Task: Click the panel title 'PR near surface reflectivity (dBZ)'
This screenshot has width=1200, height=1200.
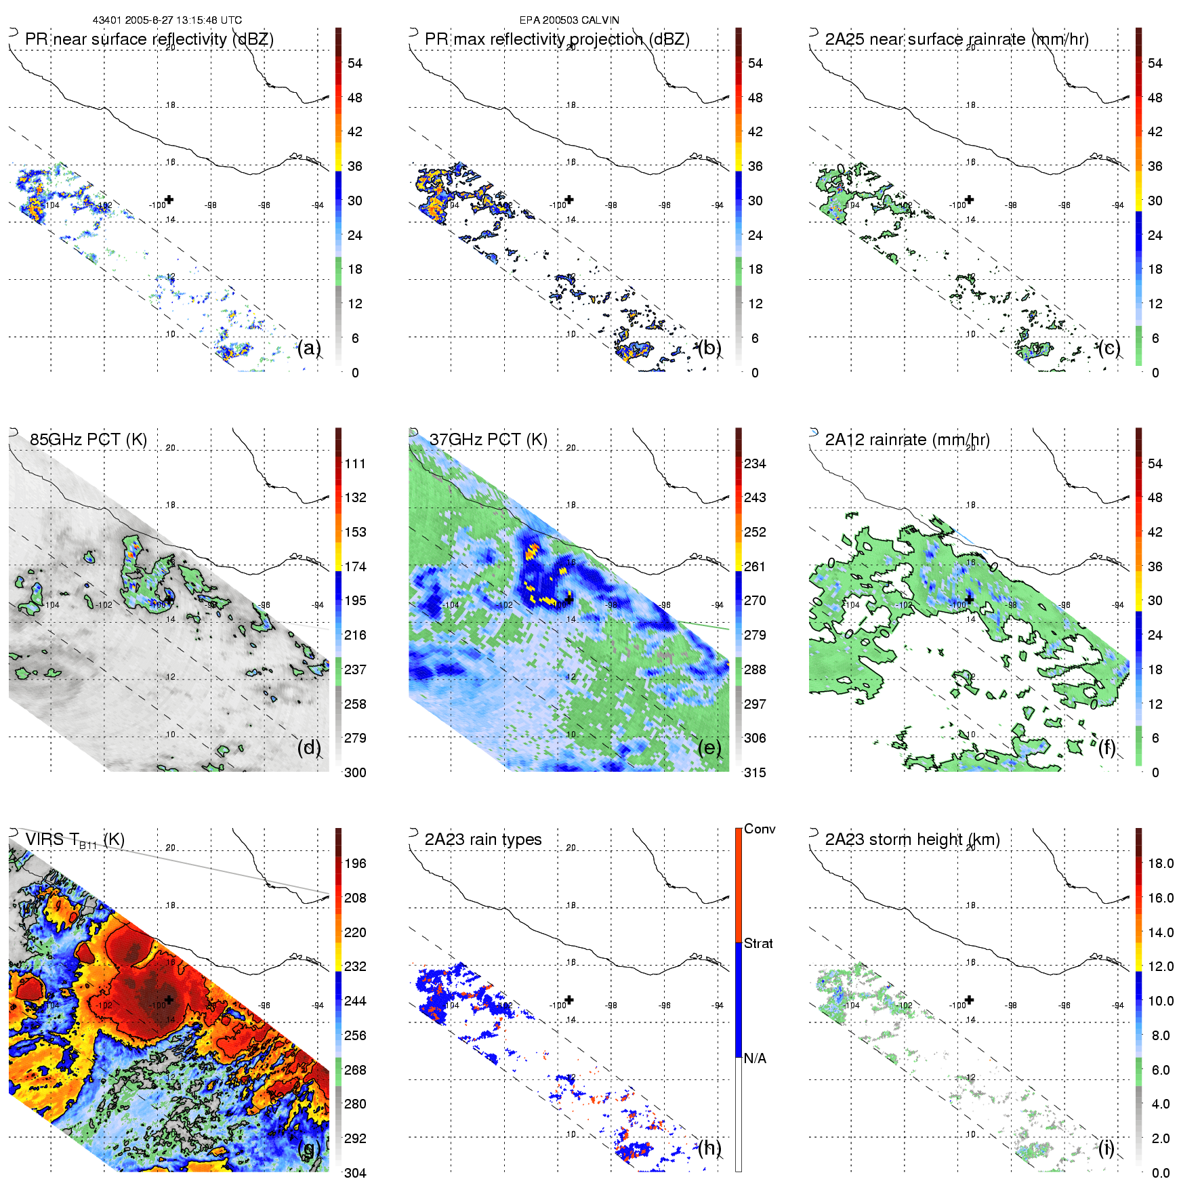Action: pos(149,39)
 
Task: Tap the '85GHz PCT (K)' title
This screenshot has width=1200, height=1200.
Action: pos(88,440)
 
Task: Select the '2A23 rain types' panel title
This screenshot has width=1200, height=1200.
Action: pos(483,840)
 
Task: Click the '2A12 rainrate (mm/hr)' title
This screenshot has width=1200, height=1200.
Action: pos(907,440)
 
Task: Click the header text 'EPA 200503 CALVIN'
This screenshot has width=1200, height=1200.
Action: pos(569,20)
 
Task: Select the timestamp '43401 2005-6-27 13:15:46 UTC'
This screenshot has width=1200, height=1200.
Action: pos(167,20)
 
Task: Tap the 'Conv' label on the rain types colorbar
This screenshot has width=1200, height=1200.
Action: pos(760,829)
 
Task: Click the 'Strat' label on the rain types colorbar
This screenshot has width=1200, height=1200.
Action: pos(758,944)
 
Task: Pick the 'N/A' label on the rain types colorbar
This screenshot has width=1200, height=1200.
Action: pos(755,1058)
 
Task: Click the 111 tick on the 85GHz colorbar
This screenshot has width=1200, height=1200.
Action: pos(355,464)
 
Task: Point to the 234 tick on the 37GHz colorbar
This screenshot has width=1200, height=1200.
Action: pos(755,464)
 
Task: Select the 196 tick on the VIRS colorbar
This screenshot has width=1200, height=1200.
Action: pos(355,864)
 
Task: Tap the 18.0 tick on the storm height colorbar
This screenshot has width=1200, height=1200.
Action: pos(1161,864)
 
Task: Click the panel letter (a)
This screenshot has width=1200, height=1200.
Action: pos(309,348)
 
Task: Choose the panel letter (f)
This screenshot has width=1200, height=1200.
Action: pos(1107,747)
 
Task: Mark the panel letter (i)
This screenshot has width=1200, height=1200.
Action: pos(1106,1148)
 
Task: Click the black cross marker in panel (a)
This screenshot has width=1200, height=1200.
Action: pos(169,200)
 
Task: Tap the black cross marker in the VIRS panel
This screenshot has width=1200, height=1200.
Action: pos(169,999)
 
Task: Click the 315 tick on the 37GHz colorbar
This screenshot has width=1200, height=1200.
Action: pos(755,773)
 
